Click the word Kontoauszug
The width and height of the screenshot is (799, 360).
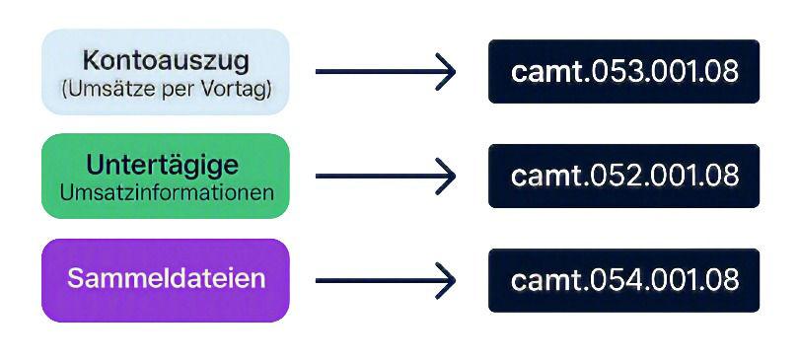(166, 61)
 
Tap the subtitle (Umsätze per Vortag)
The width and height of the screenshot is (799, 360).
(167, 89)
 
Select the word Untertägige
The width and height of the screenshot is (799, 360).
(162, 166)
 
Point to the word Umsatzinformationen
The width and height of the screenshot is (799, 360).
(167, 193)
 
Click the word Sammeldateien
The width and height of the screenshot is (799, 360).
(166, 278)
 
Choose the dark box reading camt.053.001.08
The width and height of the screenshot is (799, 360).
(623, 71)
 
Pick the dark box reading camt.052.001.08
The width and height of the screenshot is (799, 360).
(623, 177)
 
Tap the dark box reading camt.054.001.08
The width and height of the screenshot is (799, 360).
(623, 280)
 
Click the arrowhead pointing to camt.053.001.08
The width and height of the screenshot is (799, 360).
(447, 71)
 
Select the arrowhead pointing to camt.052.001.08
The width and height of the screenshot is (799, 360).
(447, 177)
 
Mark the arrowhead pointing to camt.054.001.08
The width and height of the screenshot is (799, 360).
(447, 280)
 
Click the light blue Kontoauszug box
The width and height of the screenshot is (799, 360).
(166, 71)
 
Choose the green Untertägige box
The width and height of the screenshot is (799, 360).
(166, 177)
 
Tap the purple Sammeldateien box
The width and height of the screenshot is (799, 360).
(166, 280)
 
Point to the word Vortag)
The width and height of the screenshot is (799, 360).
(240, 89)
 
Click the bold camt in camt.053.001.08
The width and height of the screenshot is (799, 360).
(545, 73)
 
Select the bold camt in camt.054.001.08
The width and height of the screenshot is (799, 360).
(545, 281)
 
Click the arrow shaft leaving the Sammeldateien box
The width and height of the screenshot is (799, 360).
(381, 280)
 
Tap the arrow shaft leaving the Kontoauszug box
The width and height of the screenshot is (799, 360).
(381, 71)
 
